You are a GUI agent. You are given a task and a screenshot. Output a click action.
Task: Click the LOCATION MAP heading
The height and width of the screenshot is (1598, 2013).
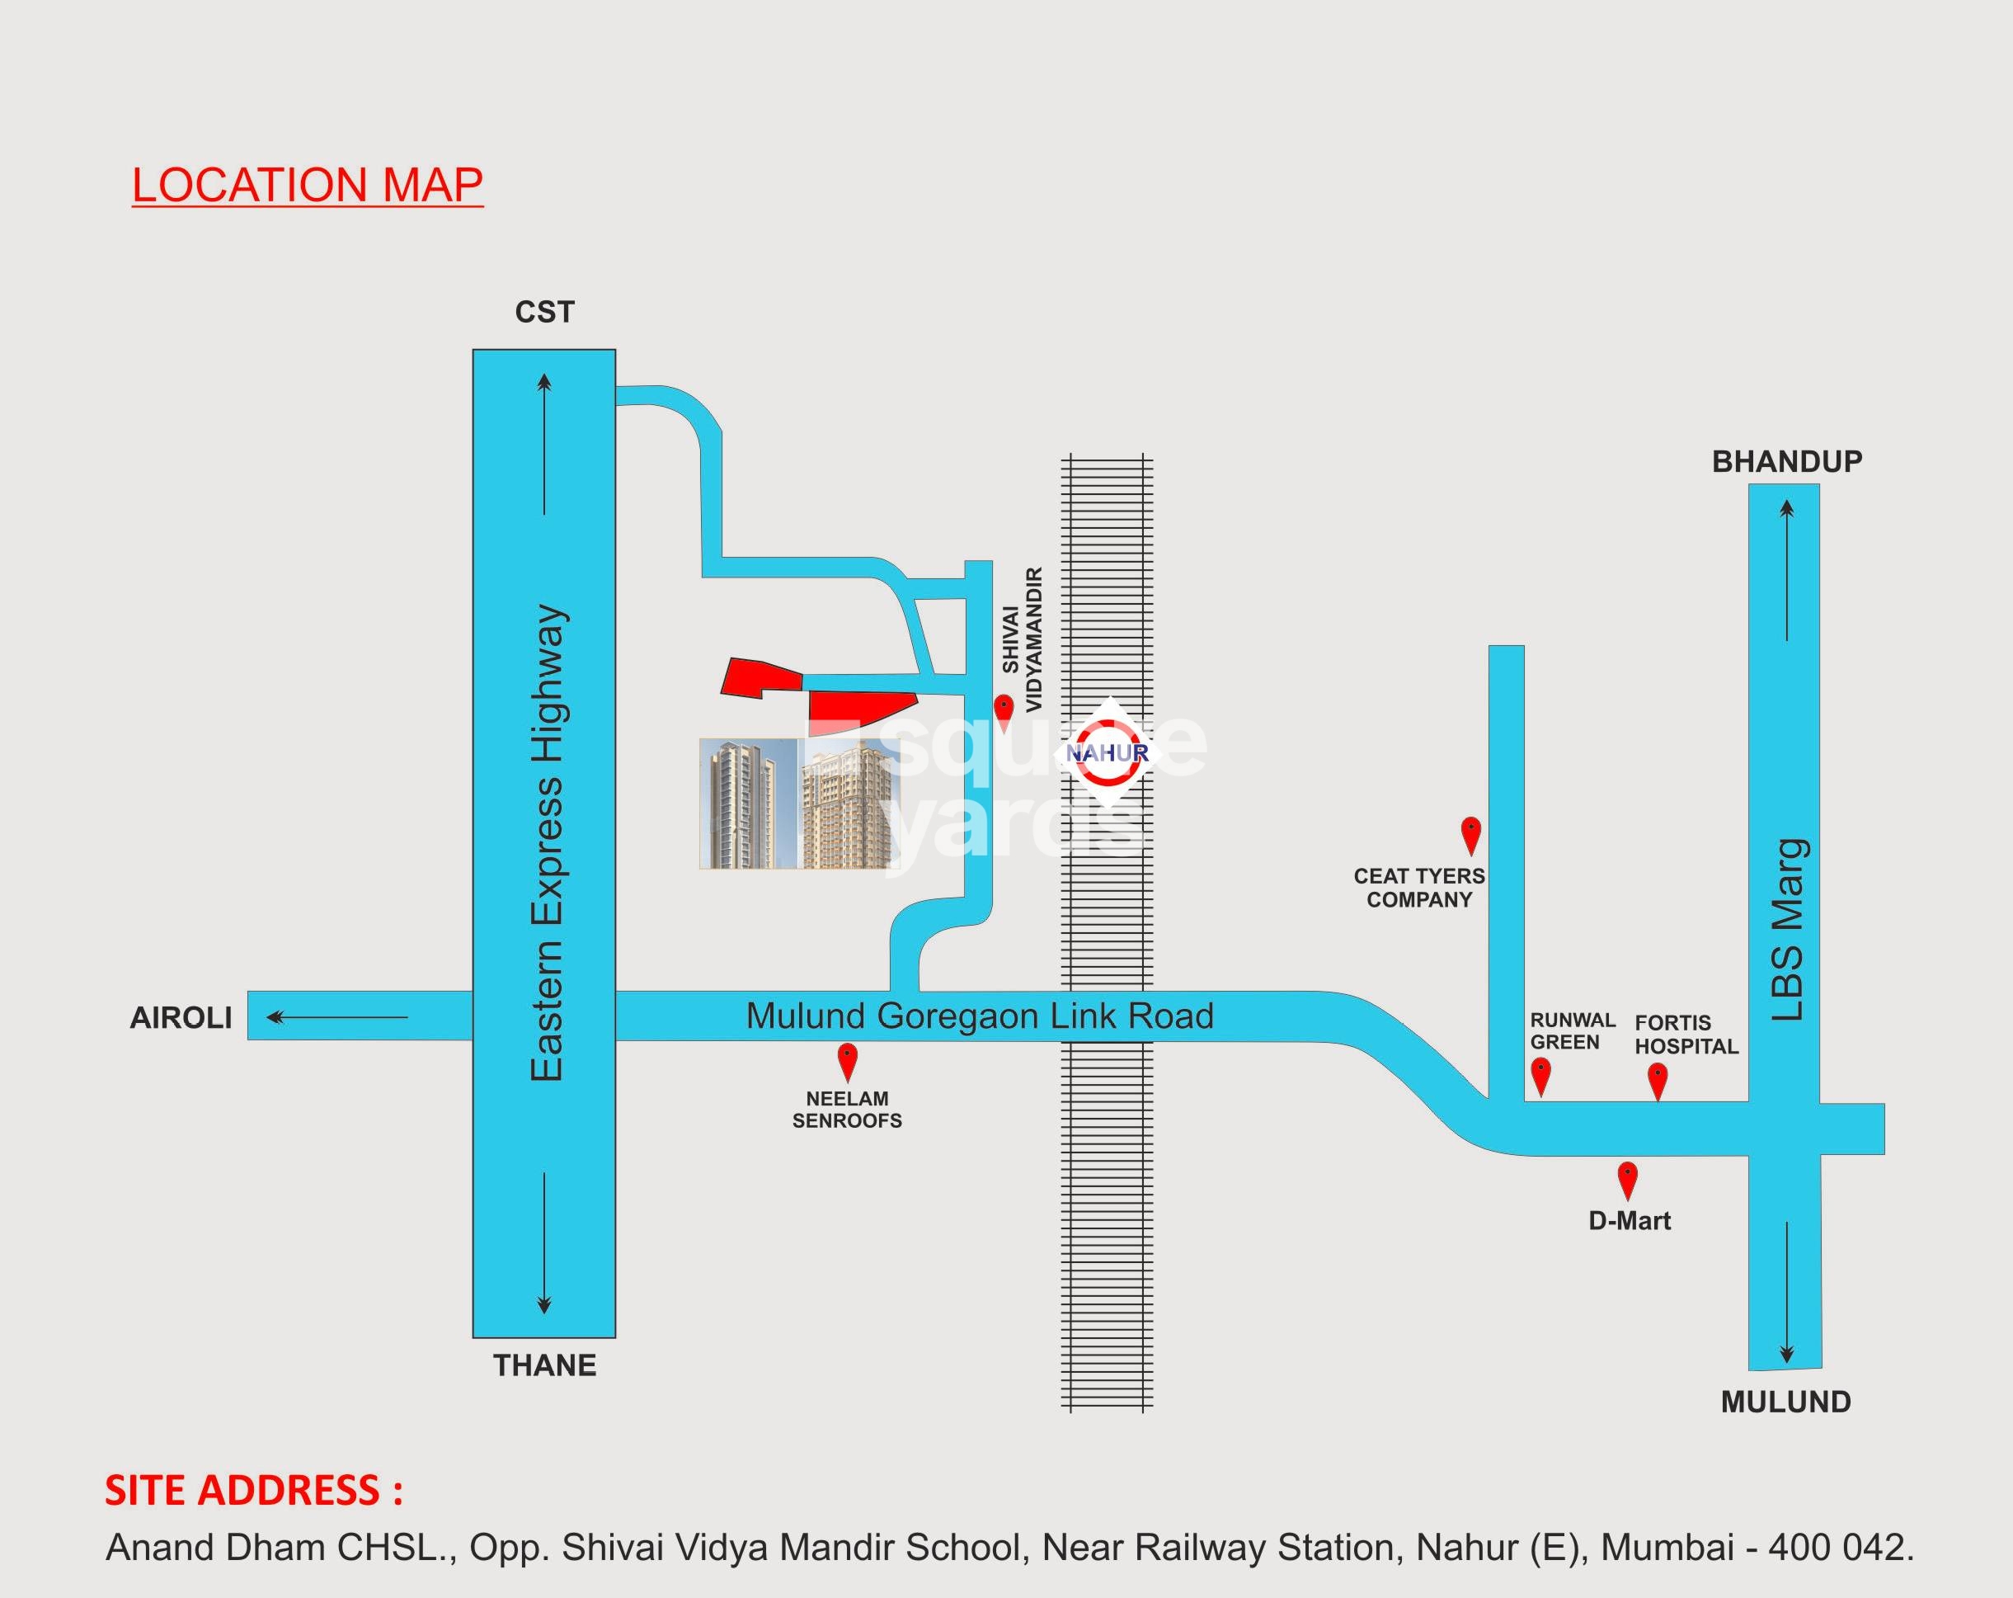(x=307, y=185)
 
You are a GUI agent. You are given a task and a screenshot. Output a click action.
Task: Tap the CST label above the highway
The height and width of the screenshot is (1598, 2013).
(x=544, y=312)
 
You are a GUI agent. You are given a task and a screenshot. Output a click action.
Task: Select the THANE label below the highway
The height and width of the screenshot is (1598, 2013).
(x=544, y=1365)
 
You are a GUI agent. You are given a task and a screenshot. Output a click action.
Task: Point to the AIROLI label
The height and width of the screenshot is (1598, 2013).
(x=181, y=1017)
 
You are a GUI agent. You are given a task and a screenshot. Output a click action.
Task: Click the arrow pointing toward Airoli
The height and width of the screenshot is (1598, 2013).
(x=336, y=1017)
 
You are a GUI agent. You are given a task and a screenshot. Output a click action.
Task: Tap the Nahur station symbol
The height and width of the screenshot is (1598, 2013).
(x=1108, y=752)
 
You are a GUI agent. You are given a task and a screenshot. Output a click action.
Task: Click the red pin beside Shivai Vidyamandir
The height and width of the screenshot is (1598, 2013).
(x=1004, y=709)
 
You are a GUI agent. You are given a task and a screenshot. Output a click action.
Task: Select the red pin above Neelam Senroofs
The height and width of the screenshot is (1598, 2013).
(x=847, y=1061)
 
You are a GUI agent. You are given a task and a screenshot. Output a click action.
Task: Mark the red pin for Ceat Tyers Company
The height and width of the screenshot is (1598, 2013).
(x=1470, y=834)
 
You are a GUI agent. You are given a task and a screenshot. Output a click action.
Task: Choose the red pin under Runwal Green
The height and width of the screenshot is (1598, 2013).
(x=1540, y=1075)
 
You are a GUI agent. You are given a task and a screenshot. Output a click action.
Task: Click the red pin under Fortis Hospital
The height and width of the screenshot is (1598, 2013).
(x=1658, y=1081)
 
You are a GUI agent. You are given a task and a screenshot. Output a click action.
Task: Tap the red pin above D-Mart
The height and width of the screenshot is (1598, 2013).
(x=1627, y=1180)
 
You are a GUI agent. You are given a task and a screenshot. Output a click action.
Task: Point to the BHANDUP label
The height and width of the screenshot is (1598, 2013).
(x=1786, y=461)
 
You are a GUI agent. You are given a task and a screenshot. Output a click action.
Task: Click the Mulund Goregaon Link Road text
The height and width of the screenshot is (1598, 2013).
(x=980, y=1016)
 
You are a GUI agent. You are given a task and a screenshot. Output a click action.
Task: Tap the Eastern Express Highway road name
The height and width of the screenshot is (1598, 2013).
(x=546, y=842)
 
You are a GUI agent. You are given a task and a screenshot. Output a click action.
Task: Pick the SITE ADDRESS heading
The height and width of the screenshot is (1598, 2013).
(x=253, y=1491)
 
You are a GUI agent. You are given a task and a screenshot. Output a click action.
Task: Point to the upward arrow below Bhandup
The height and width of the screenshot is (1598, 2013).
(x=1786, y=570)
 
